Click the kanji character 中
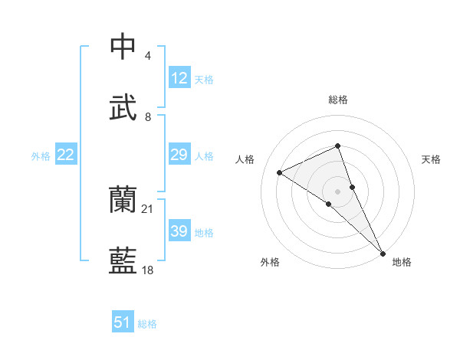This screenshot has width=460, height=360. [123, 47]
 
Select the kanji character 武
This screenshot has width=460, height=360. [123, 107]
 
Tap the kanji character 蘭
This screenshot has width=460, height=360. [123, 200]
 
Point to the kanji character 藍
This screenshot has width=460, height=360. [123, 261]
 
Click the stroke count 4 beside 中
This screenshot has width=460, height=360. [147, 56]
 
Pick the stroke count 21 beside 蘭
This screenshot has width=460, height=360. [148, 208]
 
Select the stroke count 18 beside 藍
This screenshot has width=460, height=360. [148, 270]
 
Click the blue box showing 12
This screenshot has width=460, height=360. [179, 78]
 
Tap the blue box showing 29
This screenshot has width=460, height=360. [179, 155]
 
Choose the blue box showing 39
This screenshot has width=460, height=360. [179, 231]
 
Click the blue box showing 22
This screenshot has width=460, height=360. [66, 155]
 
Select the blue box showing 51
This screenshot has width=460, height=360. [123, 322]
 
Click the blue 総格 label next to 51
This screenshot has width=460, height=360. [147, 324]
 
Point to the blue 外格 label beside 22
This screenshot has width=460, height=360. [41, 156]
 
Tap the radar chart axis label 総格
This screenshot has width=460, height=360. [338, 100]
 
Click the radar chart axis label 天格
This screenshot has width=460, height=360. [432, 159]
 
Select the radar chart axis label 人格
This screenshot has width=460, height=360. [245, 159]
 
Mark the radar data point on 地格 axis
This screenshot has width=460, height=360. [382, 251]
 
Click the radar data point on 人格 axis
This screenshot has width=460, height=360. [280, 172]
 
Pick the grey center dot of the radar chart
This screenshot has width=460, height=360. [338, 191]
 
